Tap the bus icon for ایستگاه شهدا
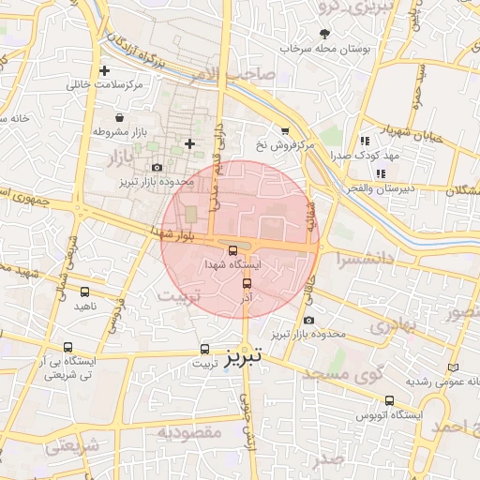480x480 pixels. pos(232,250)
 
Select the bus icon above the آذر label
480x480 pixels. pos(247,281)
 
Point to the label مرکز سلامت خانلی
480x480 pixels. pos(104,85)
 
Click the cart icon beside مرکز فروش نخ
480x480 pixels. pos(285,131)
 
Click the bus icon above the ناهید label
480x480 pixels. pos(85,292)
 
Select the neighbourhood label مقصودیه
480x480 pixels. pos(188,432)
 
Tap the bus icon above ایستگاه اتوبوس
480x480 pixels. pos(390,400)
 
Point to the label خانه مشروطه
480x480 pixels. pos(26,119)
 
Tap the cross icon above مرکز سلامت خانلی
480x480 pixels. pos(104,70)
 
